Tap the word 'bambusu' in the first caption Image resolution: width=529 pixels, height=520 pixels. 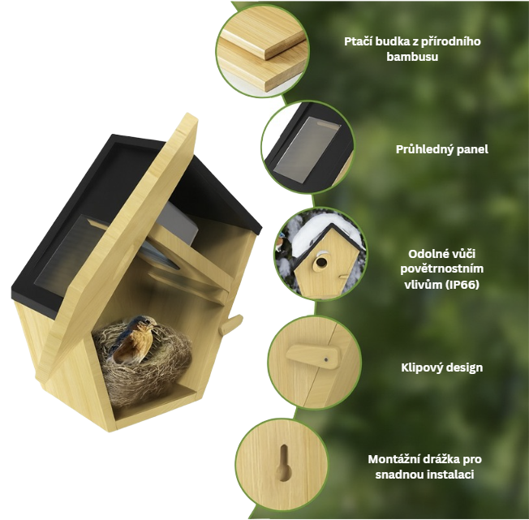click(412, 56)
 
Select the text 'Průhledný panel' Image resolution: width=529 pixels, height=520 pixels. click(441, 149)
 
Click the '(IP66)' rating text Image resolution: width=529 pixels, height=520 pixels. click(462, 285)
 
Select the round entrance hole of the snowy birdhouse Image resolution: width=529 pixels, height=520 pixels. click(320, 262)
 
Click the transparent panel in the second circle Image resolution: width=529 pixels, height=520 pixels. click(307, 147)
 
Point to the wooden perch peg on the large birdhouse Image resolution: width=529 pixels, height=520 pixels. click(232, 324)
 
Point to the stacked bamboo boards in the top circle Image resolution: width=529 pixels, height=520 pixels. click(263, 50)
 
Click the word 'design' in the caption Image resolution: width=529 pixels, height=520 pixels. click(465, 367)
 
